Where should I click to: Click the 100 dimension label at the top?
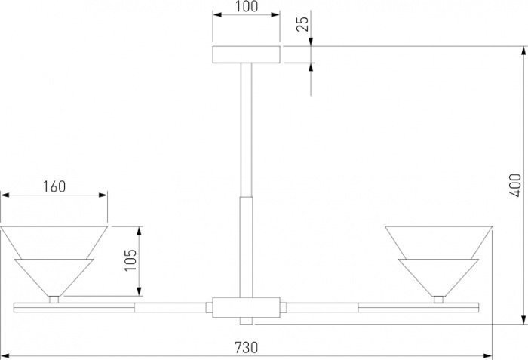(x=246, y=6)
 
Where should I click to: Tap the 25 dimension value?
(x=302, y=23)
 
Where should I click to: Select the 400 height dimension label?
(x=515, y=186)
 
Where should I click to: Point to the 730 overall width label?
(x=246, y=347)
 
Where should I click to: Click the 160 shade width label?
(x=54, y=186)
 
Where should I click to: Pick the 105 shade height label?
(x=130, y=260)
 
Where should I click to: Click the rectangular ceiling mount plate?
(x=246, y=54)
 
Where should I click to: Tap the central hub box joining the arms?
(x=246, y=307)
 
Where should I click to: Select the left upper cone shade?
(x=54, y=242)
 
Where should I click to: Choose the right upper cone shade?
(x=438, y=242)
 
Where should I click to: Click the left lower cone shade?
(x=54, y=277)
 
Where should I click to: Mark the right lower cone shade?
(x=438, y=277)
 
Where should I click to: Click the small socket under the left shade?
(x=54, y=300)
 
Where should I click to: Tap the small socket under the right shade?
(x=438, y=300)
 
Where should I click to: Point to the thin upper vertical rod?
(x=246, y=130)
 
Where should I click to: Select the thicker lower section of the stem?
(x=246, y=247)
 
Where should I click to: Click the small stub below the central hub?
(x=246, y=321)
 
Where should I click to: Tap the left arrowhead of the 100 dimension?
(x=217, y=14)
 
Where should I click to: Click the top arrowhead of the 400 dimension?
(x=523, y=51)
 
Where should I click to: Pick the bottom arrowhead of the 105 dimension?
(x=140, y=292)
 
